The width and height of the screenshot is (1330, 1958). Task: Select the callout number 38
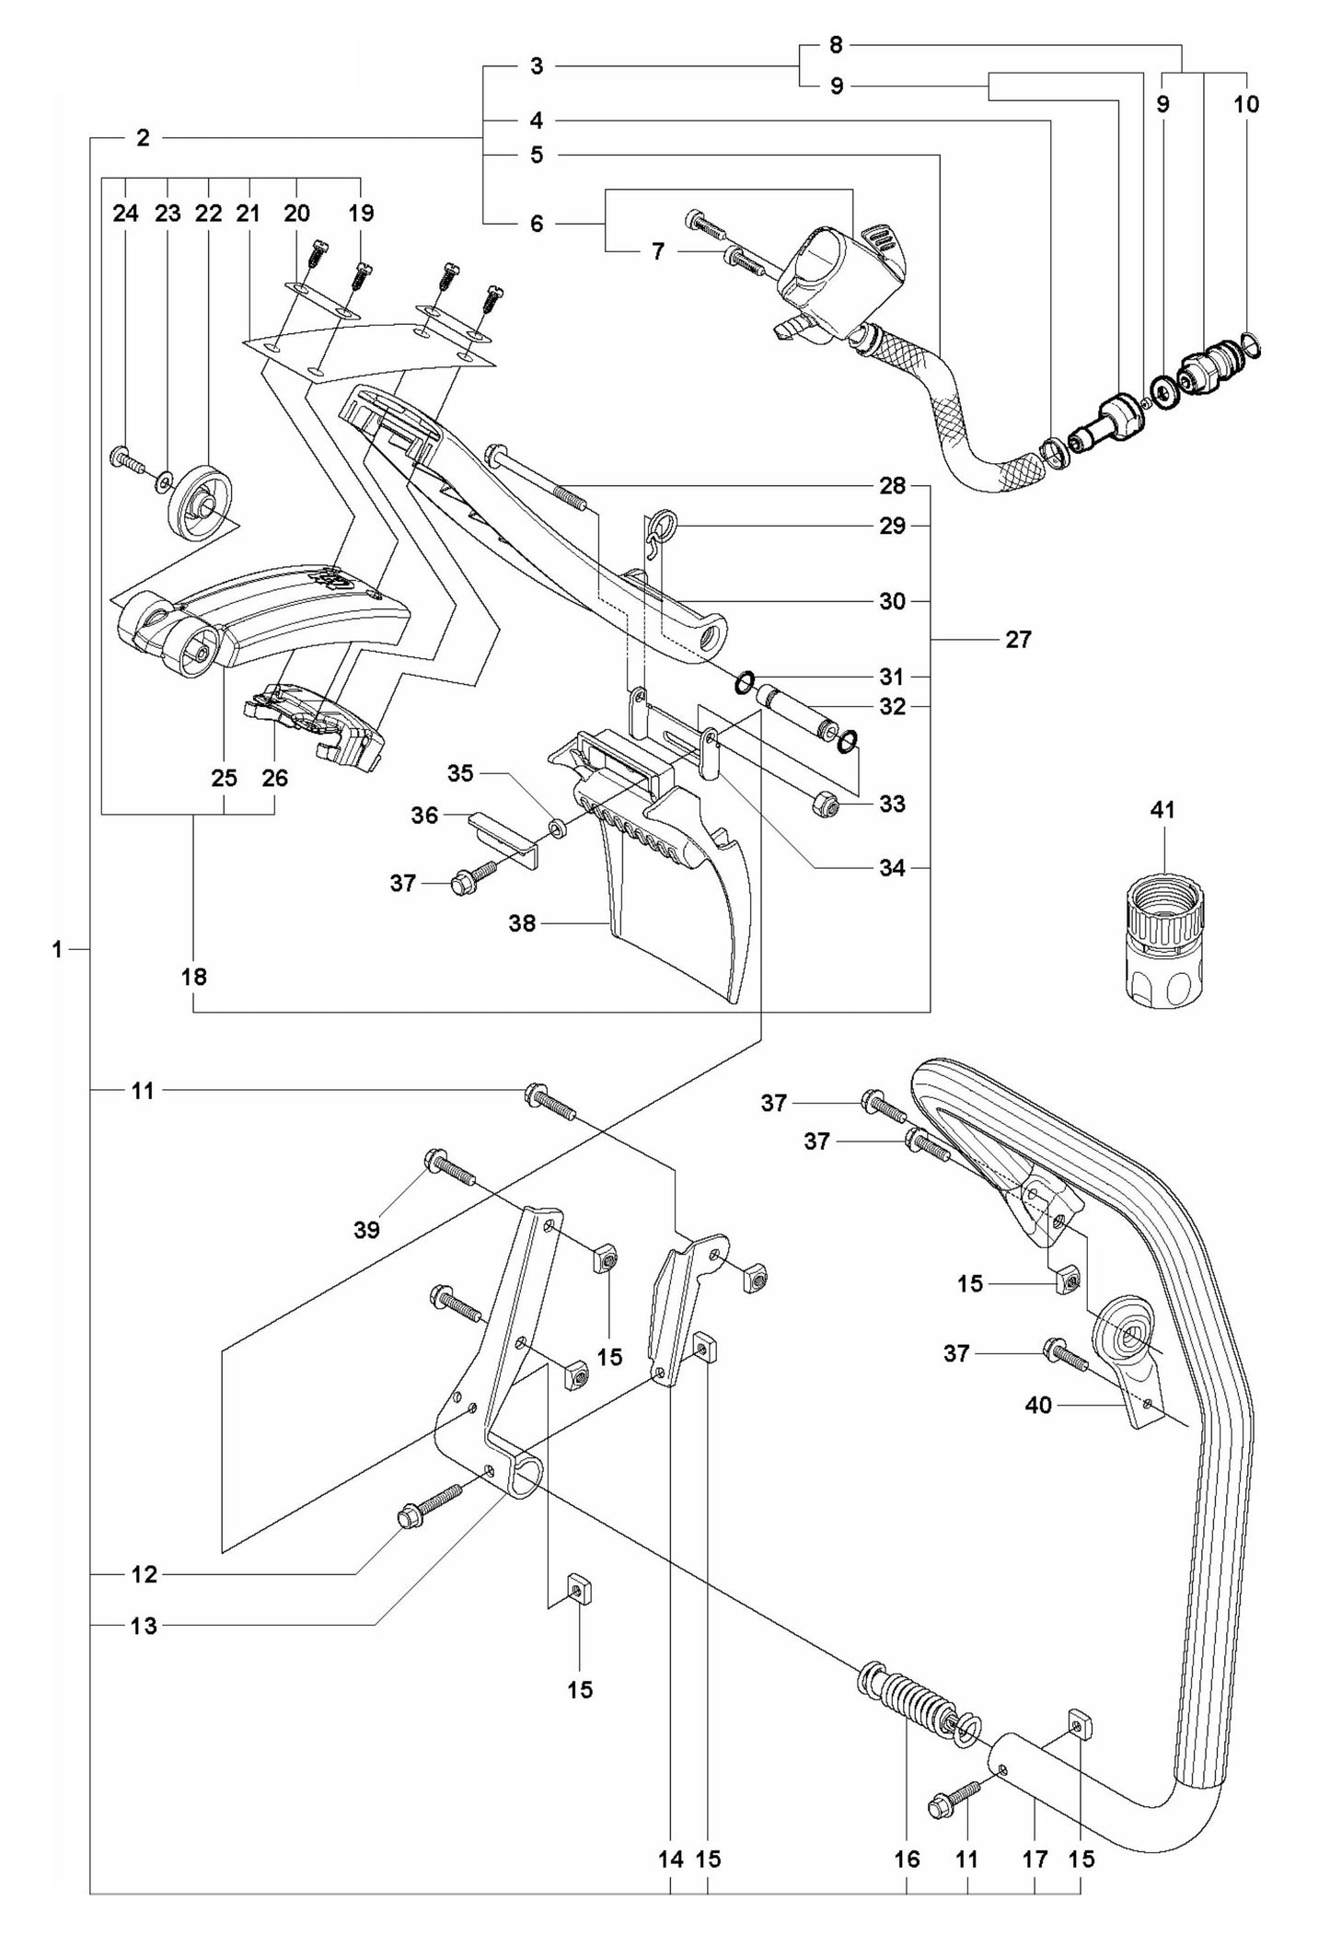522,922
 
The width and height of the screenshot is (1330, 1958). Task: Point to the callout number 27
1018,639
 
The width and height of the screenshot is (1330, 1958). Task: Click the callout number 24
125,214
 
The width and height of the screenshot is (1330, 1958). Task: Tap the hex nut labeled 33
824,803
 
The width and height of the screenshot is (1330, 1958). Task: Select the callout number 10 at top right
1245,104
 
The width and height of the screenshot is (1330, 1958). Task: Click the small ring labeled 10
1250,347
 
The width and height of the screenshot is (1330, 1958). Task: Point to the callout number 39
366,1230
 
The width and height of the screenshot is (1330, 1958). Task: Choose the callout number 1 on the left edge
57,949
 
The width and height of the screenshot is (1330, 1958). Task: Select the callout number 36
424,815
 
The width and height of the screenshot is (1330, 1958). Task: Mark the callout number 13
144,1626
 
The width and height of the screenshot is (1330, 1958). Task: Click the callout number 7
657,251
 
